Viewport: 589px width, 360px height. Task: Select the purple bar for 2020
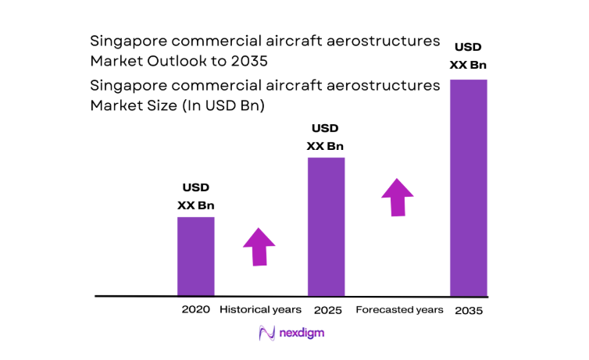coord(195,256)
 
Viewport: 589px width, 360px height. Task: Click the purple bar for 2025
coord(326,226)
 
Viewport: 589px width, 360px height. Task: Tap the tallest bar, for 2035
coord(469,187)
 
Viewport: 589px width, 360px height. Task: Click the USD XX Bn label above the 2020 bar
coord(195,197)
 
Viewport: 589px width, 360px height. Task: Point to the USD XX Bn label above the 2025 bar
coord(325,137)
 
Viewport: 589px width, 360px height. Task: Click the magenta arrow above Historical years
coord(259,247)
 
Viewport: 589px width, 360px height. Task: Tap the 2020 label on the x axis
coord(195,309)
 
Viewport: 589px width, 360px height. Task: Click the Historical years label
coord(259,310)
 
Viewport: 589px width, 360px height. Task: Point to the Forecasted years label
coord(399,310)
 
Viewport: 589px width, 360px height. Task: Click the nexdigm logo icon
coord(266,333)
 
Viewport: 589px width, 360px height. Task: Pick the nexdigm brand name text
coord(303,333)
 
